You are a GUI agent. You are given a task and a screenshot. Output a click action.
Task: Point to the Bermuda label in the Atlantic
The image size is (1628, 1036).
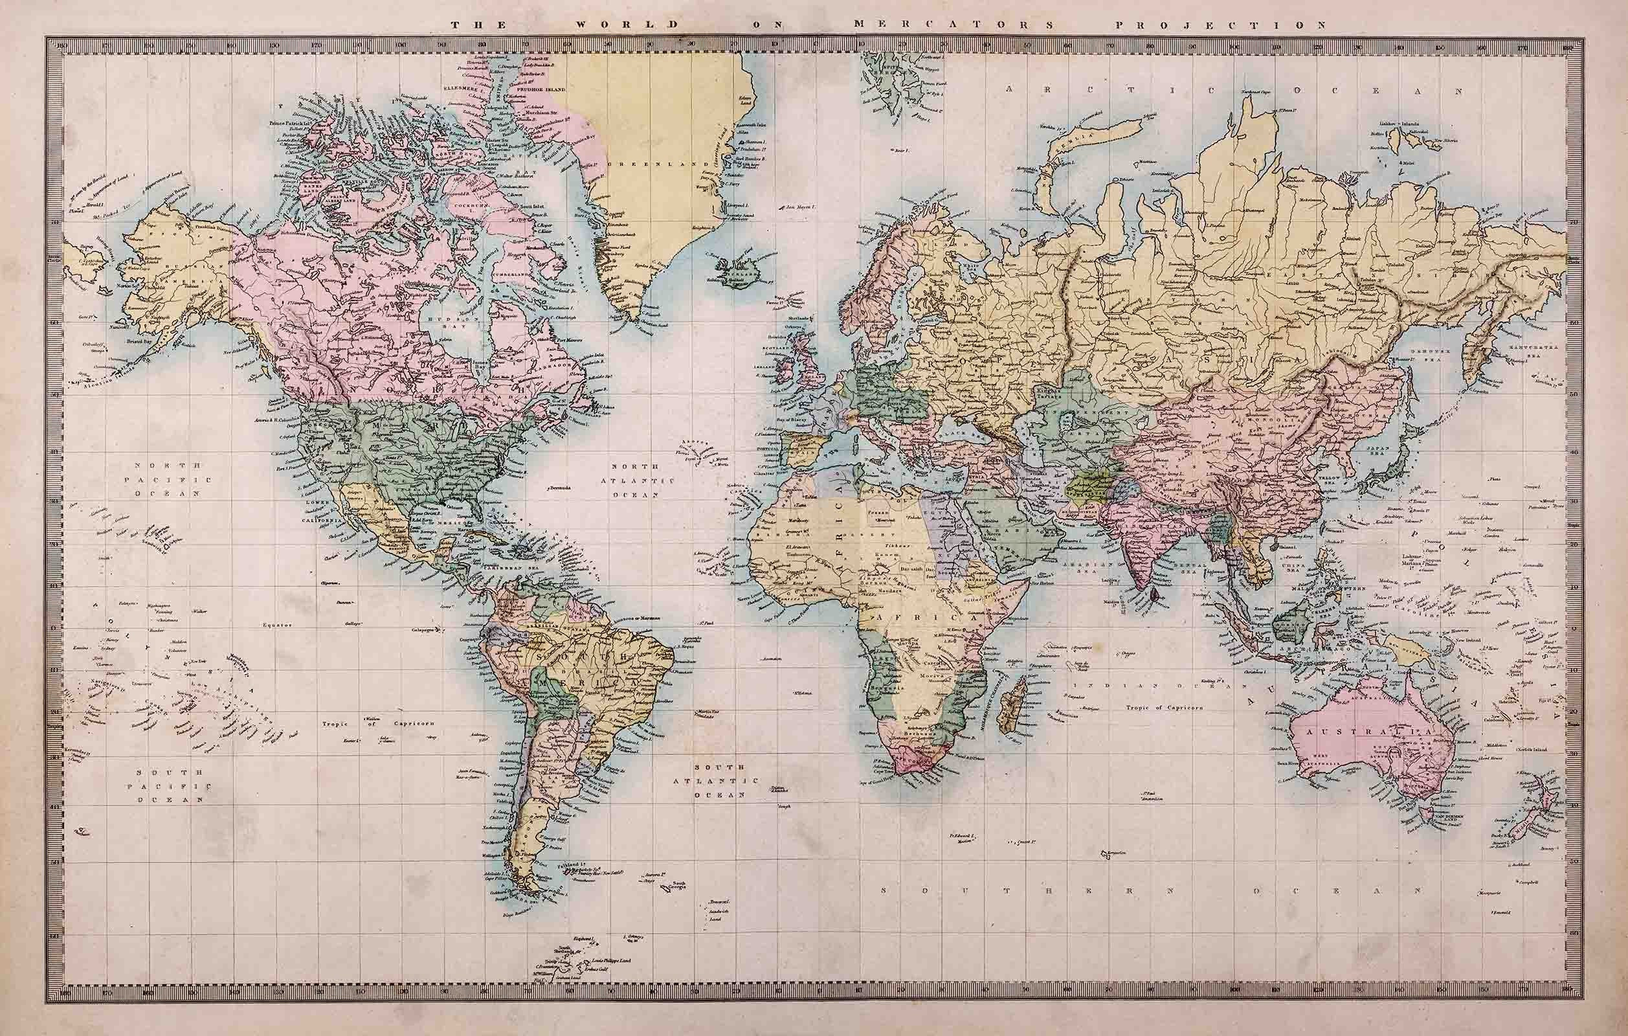(x=559, y=486)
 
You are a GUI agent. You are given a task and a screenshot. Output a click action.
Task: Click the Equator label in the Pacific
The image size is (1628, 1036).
(x=279, y=625)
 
